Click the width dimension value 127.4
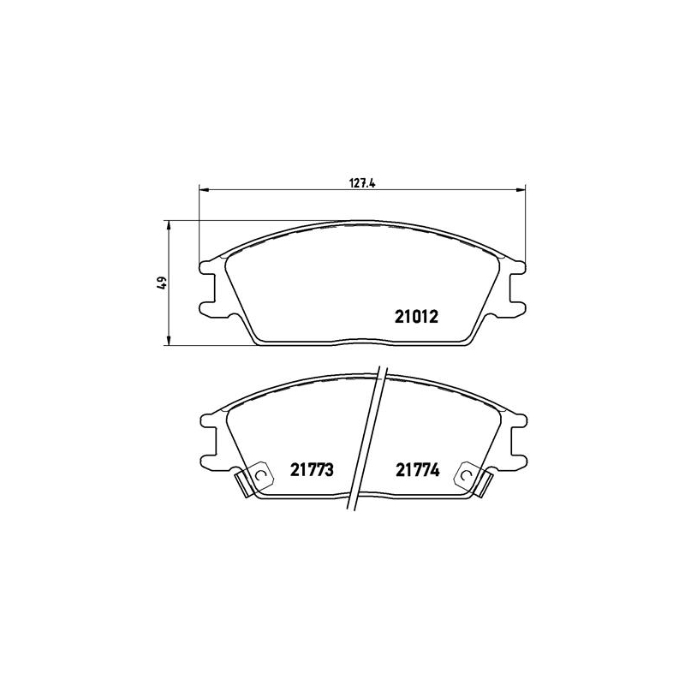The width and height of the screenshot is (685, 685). pyautogui.click(x=362, y=183)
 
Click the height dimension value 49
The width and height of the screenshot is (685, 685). pyautogui.click(x=163, y=283)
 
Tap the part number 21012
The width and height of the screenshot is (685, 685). pyautogui.click(x=416, y=317)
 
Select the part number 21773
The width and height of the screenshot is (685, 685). pyautogui.click(x=312, y=469)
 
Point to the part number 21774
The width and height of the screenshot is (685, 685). pyautogui.click(x=418, y=469)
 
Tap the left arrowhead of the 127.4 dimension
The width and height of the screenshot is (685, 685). pyautogui.click(x=204, y=189)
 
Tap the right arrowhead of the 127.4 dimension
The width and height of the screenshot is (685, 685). pyautogui.click(x=521, y=189)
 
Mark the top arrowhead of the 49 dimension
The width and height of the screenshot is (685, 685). pyautogui.click(x=168, y=225)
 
